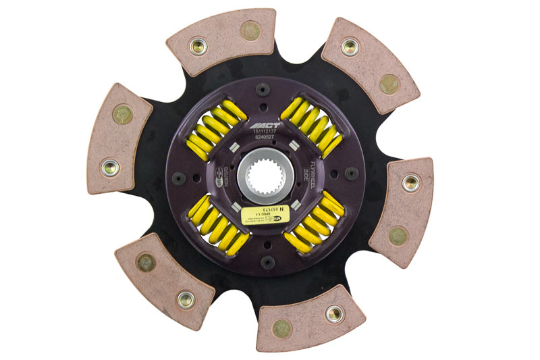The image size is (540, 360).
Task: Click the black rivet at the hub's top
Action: (263, 89)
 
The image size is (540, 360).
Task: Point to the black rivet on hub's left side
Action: (178, 178)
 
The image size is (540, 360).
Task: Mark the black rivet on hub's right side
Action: (351, 174)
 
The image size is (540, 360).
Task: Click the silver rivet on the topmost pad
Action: (198, 46)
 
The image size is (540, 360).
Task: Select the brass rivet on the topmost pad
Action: (250, 30)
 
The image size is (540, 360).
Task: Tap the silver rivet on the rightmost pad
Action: (410, 182)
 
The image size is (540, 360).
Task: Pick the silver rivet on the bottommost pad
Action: (333, 313)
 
